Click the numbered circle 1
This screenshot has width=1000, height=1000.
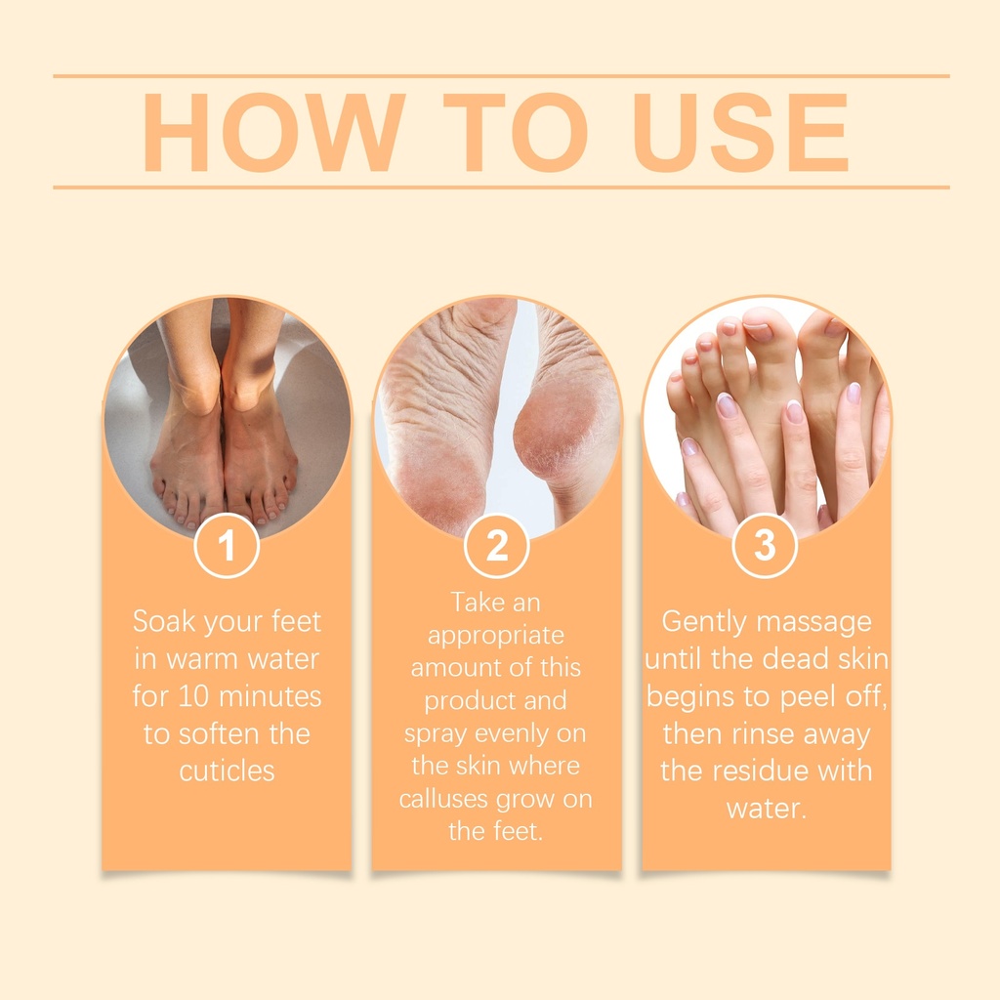point(227,546)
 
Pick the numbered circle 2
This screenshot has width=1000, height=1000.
point(497,546)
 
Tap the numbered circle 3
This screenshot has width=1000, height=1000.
point(765,546)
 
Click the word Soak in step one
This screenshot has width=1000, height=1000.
point(164,621)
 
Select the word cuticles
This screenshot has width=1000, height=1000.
point(227,771)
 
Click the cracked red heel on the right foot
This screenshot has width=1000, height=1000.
point(556,428)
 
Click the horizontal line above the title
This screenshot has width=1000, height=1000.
point(501,76)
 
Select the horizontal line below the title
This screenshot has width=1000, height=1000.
point(501,187)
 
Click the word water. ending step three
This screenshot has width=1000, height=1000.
point(767,809)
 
